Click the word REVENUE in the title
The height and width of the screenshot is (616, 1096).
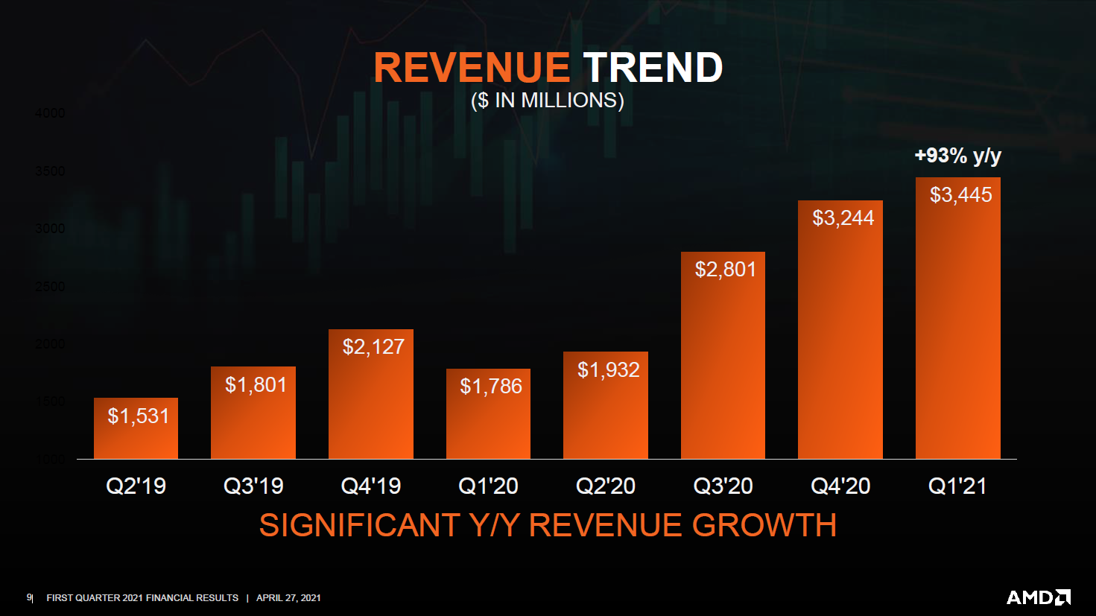(x=471, y=68)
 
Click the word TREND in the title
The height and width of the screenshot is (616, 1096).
(x=653, y=68)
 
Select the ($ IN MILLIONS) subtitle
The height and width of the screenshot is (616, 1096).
(x=548, y=101)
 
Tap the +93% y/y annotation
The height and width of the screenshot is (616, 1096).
(x=957, y=156)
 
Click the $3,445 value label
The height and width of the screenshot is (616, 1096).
(x=960, y=195)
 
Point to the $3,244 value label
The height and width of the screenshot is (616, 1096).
(x=843, y=218)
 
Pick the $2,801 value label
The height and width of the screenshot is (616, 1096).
(x=725, y=270)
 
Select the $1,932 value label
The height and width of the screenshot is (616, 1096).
(x=608, y=370)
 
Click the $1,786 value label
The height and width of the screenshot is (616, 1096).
(x=491, y=387)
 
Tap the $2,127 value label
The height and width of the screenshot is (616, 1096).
(x=373, y=347)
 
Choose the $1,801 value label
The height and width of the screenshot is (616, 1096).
(x=256, y=385)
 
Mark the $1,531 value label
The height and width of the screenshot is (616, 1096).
(x=139, y=416)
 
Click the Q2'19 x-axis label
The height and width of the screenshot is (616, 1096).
(x=136, y=486)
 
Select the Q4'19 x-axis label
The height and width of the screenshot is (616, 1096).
(x=371, y=486)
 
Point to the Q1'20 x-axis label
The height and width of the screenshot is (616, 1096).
(x=488, y=486)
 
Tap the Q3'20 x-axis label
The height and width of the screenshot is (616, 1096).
(x=723, y=486)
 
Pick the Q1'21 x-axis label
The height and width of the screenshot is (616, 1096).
(x=957, y=486)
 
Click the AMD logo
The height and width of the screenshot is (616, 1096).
(x=1039, y=597)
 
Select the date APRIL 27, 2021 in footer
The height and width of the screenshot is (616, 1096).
(x=288, y=598)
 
